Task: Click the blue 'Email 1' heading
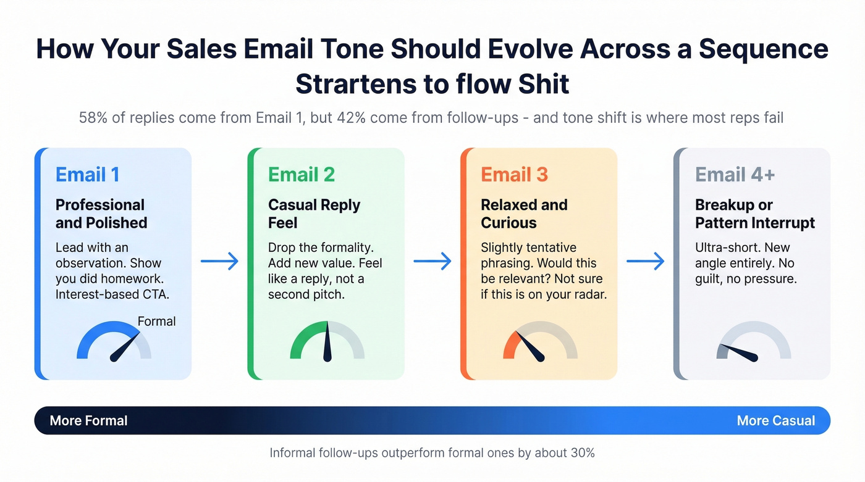click(x=87, y=175)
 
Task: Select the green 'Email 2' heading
click(x=301, y=175)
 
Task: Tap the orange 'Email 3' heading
click(x=514, y=175)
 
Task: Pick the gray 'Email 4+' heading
click(x=735, y=175)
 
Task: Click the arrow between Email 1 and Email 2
click(x=219, y=261)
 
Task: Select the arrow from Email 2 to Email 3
click(x=432, y=261)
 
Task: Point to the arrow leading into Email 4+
click(x=645, y=261)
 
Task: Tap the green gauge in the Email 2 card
click(x=327, y=342)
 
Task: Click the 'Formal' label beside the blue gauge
click(x=156, y=322)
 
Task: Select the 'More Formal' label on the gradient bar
click(x=88, y=421)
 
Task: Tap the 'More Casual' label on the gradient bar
click(x=775, y=421)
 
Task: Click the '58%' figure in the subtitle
click(x=92, y=117)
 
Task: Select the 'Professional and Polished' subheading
click(x=101, y=214)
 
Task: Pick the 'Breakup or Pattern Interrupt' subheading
click(x=754, y=214)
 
